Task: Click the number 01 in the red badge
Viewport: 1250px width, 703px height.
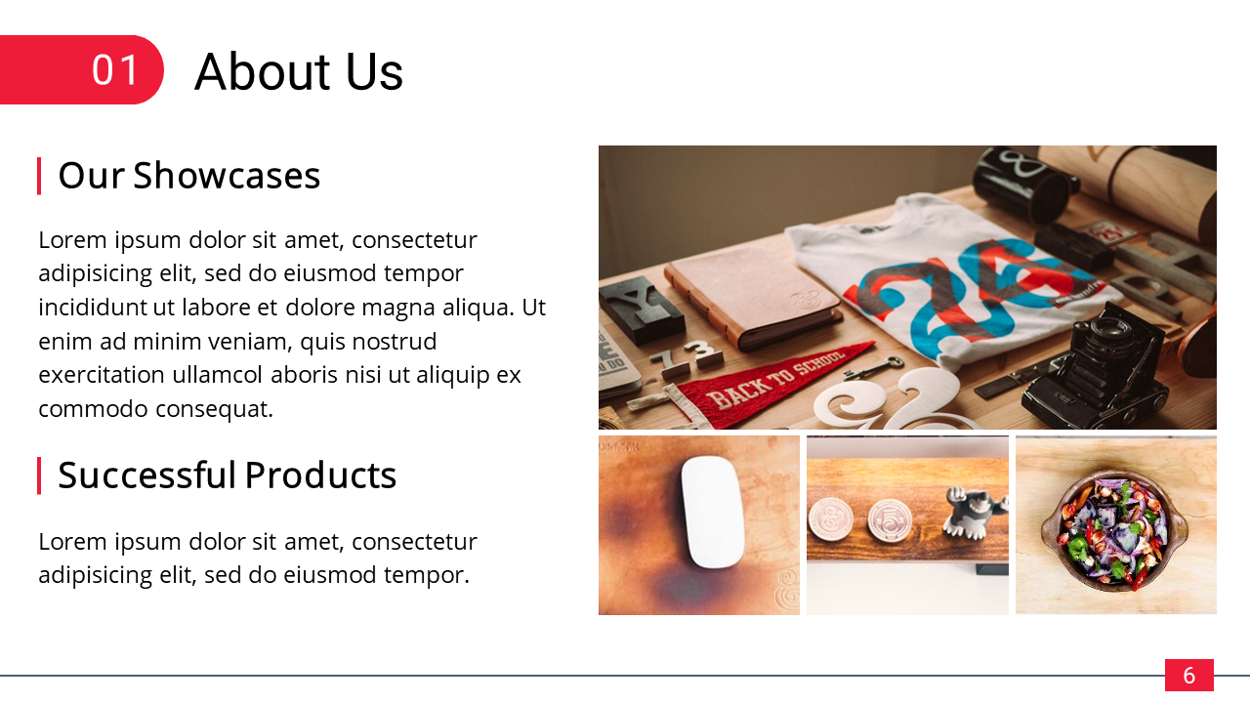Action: (x=115, y=69)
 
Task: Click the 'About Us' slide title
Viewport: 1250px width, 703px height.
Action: (x=299, y=71)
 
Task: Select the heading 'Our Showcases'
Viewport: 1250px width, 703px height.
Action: (x=189, y=175)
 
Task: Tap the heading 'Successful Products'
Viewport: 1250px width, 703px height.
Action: (x=228, y=475)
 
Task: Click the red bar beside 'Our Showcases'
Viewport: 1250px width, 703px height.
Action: (x=39, y=176)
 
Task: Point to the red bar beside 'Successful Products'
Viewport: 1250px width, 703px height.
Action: (x=39, y=476)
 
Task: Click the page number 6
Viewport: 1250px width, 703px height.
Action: (x=1189, y=675)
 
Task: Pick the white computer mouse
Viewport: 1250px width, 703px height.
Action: (x=713, y=513)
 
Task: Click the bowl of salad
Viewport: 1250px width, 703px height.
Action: (x=1114, y=530)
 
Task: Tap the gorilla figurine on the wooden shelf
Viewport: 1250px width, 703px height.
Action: (x=974, y=513)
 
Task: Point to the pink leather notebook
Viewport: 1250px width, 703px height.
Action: (x=753, y=296)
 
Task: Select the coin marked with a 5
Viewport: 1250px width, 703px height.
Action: (x=890, y=520)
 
